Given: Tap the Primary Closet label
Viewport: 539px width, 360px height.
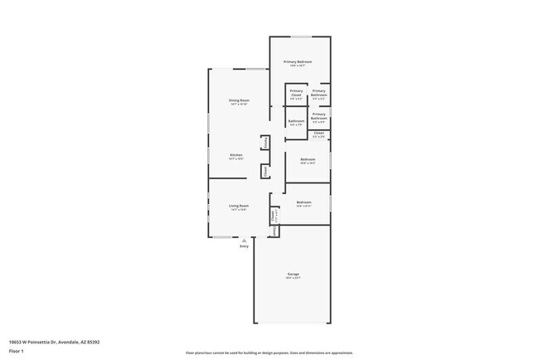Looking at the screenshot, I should pyautogui.click(x=296, y=94).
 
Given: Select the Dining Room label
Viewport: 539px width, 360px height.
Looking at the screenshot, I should pyautogui.click(x=239, y=101).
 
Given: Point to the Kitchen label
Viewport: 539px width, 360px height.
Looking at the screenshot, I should pyautogui.click(x=236, y=155).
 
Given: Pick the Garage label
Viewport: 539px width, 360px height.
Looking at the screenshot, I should pyautogui.click(x=293, y=275).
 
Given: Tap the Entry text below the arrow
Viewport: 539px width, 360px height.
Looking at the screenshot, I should pyautogui.click(x=244, y=246).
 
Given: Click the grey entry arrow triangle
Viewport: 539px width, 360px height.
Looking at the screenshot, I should pyautogui.click(x=244, y=241).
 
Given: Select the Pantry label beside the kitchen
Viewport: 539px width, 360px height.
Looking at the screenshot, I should pyautogui.click(x=265, y=143).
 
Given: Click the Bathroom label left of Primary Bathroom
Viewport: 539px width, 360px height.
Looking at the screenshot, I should pyautogui.click(x=296, y=122).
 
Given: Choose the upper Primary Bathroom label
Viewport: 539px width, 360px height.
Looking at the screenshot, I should pyautogui.click(x=319, y=94).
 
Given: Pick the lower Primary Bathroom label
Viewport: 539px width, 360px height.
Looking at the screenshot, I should pyautogui.click(x=319, y=117).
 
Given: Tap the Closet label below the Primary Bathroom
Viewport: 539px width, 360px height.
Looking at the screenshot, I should pyautogui.click(x=319, y=133).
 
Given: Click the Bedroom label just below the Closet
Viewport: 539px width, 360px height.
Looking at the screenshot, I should pyautogui.click(x=308, y=159).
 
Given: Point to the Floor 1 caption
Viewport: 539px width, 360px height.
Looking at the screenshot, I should pyautogui.click(x=16, y=352).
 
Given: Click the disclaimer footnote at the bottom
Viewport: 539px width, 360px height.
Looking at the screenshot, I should pyautogui.click(x=269, y=353).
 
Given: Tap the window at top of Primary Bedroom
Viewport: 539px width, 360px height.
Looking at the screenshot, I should pyautogui.click(x=301, y=36).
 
